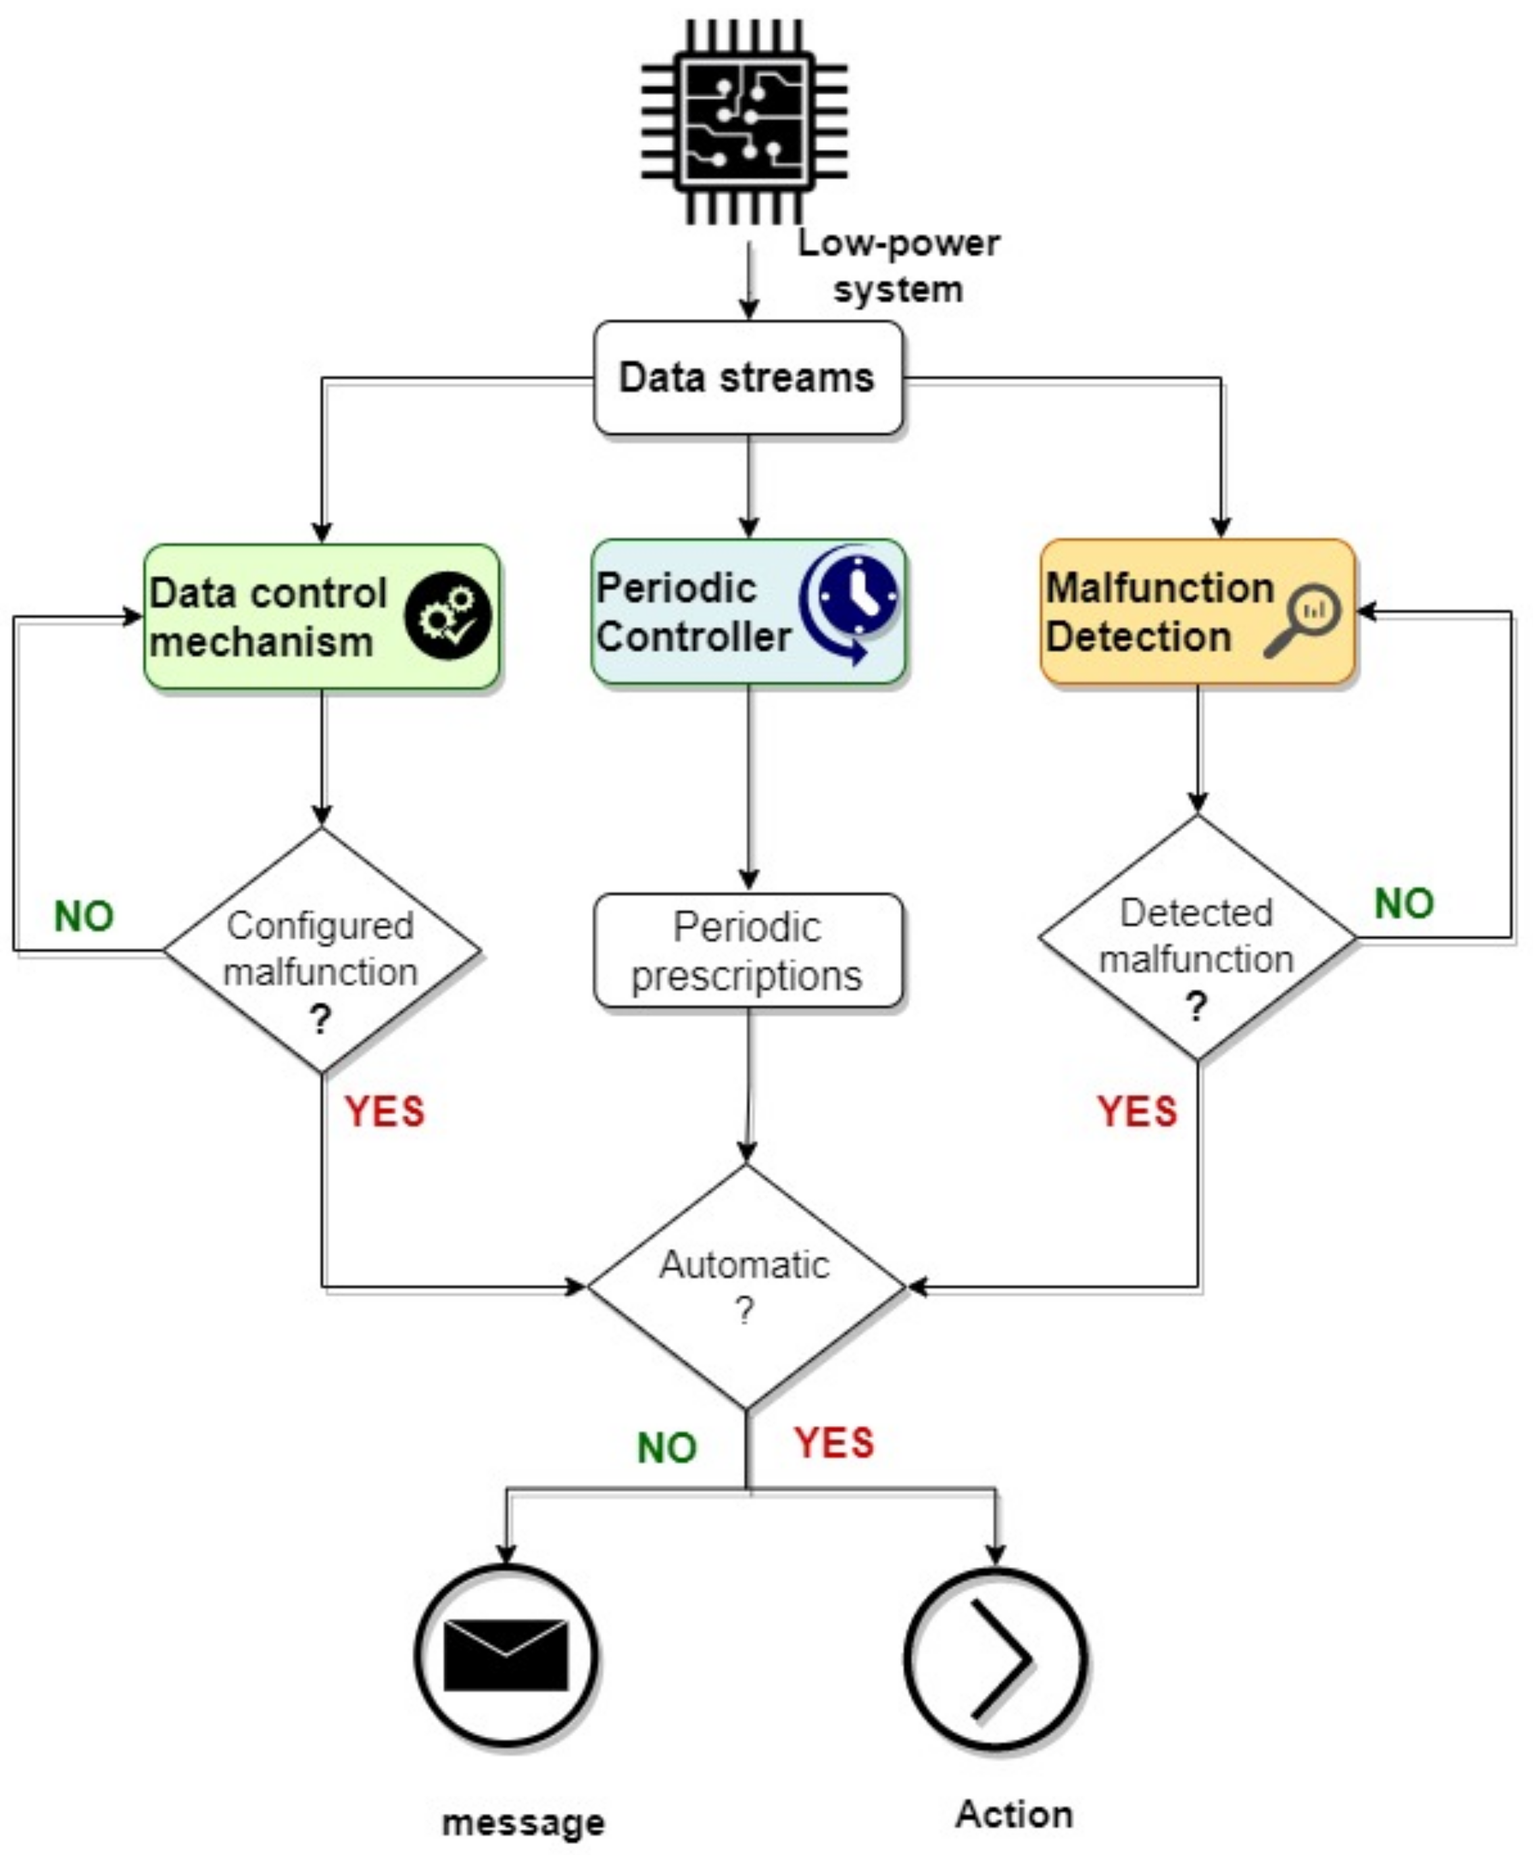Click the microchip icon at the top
[744, 122]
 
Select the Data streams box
[748, 378]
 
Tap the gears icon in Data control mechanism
[447, 616]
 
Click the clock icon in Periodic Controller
[851, 603]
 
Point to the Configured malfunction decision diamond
[322, 951]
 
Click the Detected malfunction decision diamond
[1198, 938]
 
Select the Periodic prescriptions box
[748, 951]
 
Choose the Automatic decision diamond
[746, 1287]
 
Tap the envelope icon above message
[506, 1656]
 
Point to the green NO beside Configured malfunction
[84, 916]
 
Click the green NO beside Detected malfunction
[1404, 904]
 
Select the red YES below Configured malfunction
[384, 1111]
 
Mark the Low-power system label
[899, 266]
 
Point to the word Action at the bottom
[1015, 1814]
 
